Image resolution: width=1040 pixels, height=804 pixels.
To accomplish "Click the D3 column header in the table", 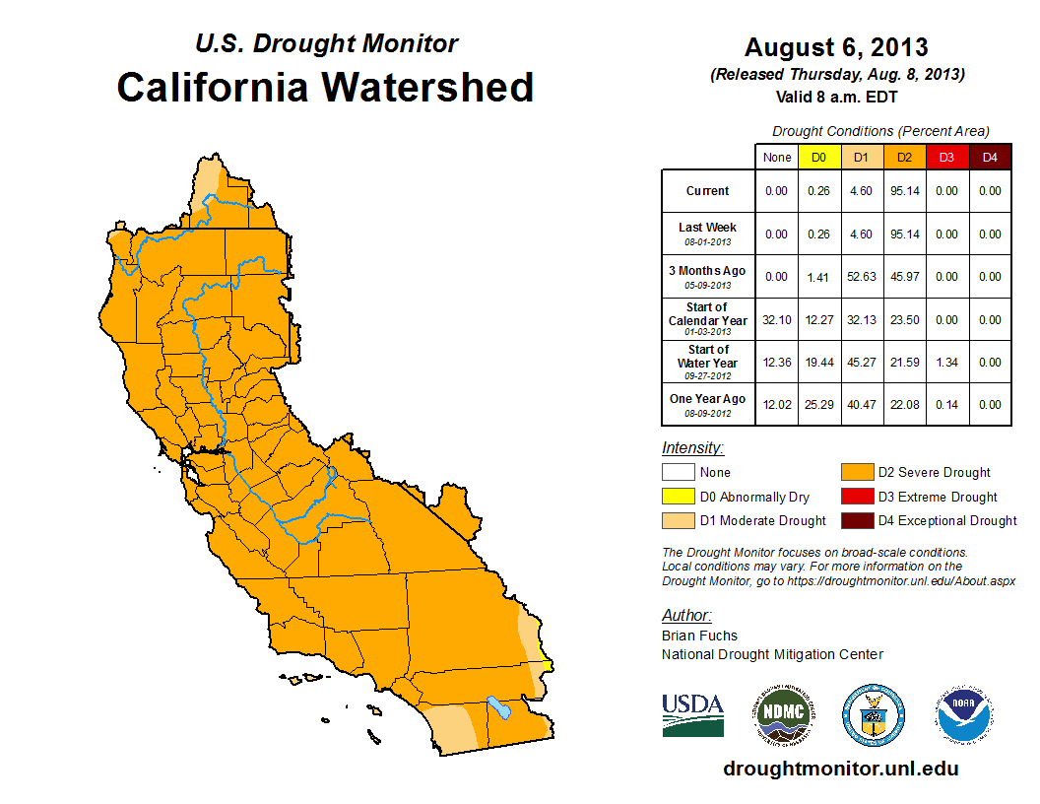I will point(946,157).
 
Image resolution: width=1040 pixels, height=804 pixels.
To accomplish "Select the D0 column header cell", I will point(818,157).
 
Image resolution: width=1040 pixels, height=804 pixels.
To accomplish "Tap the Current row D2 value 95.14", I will point(904,191).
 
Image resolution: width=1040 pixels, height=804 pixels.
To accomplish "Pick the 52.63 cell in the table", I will point(862,277).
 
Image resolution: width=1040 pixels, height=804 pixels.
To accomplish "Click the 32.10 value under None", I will point(776,320).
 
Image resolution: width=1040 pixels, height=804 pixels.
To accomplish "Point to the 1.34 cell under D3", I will point(946,363).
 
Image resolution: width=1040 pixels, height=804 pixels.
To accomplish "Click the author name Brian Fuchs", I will point(699,636).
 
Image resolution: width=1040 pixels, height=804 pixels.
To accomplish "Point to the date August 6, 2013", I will point(836,47).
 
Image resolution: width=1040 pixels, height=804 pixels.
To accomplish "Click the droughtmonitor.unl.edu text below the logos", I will point(840,769).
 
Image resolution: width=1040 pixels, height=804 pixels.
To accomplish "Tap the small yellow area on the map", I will point(548,667).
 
